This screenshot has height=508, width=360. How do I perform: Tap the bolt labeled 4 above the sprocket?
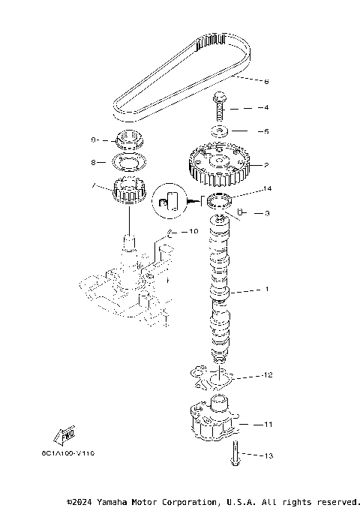tap(220, 107)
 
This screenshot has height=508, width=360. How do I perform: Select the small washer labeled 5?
tap(220, 131)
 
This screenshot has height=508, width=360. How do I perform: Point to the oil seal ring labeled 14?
tap(219, 200)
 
